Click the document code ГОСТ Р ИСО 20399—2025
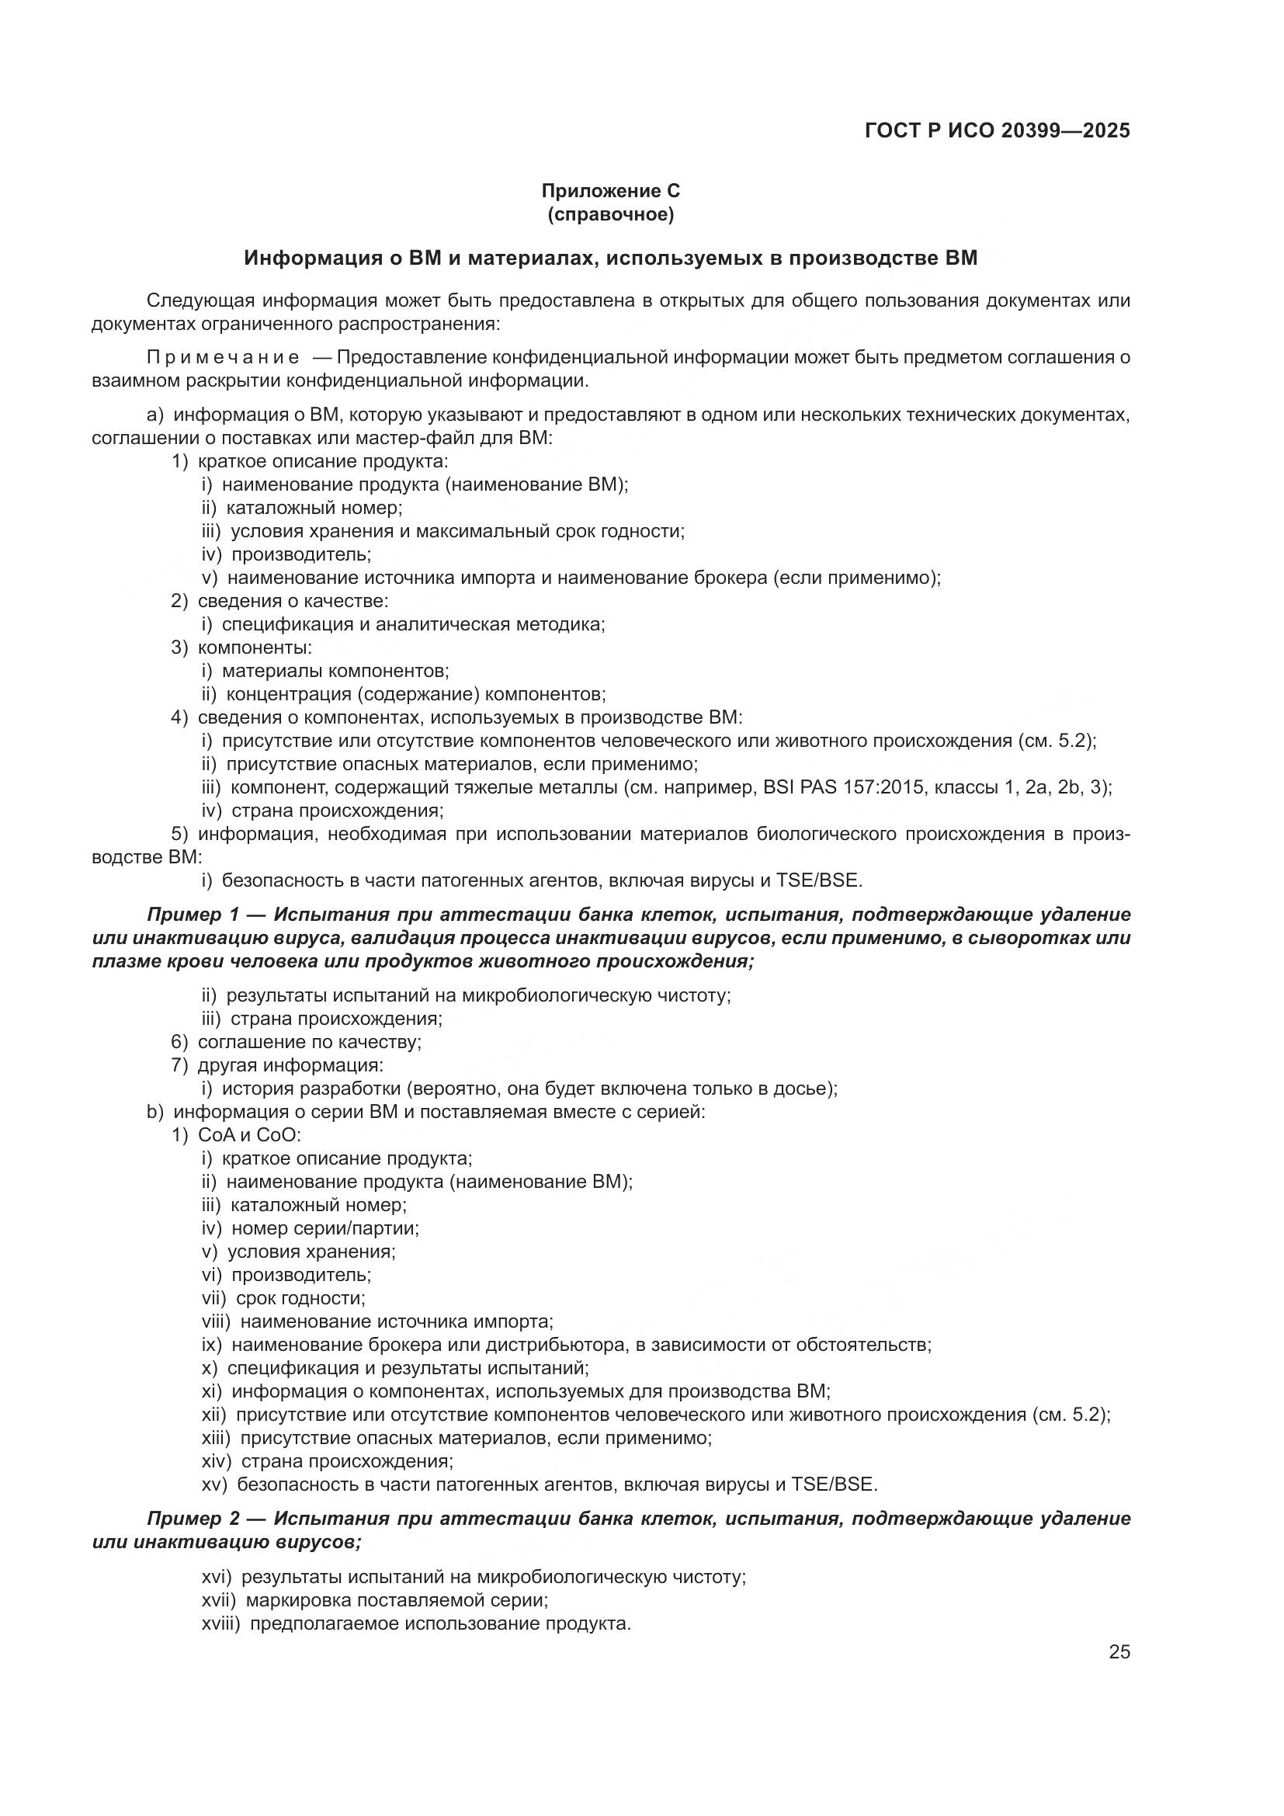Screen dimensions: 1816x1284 [997, 130]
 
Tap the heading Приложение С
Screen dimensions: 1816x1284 [610, 191]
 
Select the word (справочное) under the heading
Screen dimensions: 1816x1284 [610, 214]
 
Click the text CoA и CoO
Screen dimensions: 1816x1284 [248, 1136]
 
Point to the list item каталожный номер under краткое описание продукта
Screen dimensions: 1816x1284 [313, 508]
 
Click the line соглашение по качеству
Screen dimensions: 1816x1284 [309, 1043]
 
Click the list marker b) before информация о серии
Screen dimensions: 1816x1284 [155, 1112]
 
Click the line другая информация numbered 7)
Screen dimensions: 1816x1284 [290, 1065]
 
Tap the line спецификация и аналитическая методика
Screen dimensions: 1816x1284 [413, 625]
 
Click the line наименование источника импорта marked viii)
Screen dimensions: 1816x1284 [396, 1321]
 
